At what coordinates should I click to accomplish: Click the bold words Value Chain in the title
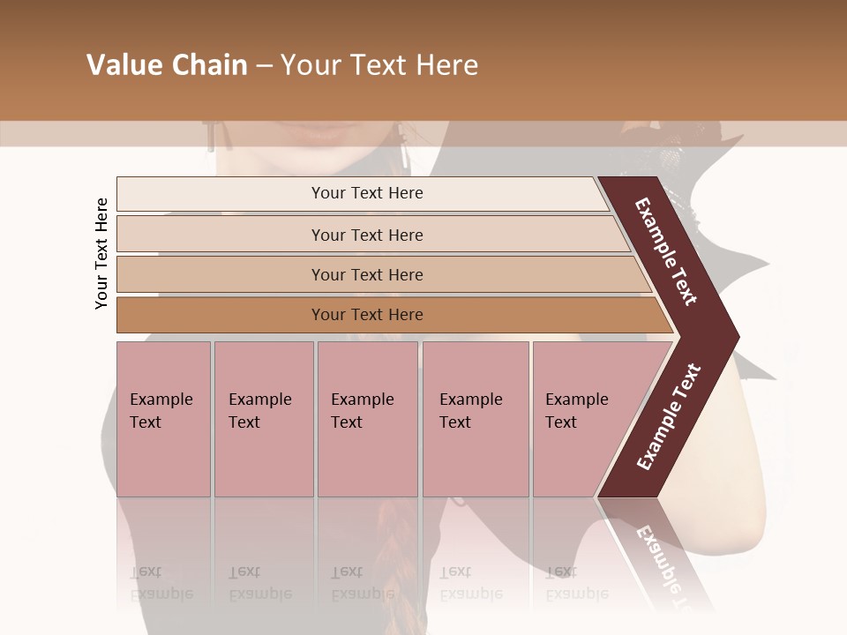coord(167,65)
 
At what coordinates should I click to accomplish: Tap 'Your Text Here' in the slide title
coord(379,65)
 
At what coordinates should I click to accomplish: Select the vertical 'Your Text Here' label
coord(101,253)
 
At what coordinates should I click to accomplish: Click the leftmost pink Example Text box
coord(163,418)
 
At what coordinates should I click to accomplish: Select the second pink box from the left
coord(263,418)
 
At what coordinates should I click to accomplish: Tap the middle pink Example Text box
coord(367,418)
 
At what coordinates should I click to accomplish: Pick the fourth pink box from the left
coord(475,418)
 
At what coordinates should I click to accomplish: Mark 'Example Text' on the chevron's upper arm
coord(667,251)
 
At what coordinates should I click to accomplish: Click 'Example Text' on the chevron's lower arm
coord(669,417)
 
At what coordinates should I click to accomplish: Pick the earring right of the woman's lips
coord(402,146)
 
